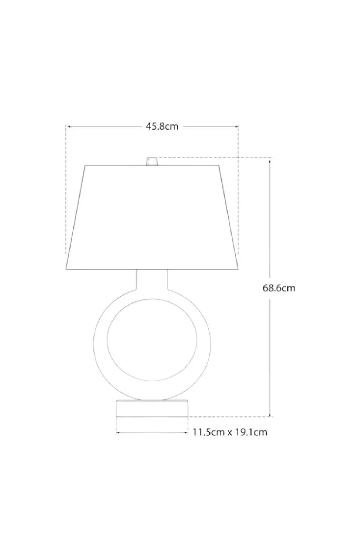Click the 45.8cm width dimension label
tap(162, 127)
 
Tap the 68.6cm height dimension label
tap(279, 288)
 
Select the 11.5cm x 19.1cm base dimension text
tap(230, 432)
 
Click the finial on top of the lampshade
tap(152, 161)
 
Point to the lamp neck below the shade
tap(152, 279)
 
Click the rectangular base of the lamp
tap(152, 408)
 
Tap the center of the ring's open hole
tap(152, 340)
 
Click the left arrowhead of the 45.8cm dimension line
tap(69, 127)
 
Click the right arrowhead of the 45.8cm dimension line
tap(236, 127)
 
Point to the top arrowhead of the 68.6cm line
tap(269, 160)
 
